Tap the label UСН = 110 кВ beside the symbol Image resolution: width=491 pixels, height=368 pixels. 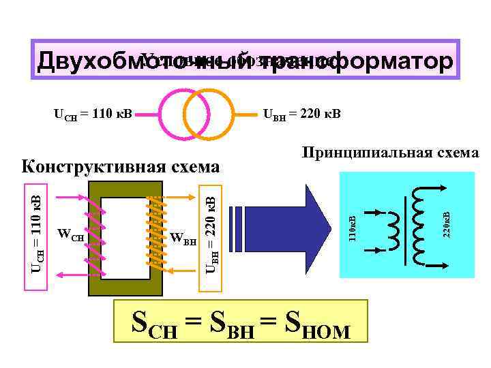coord(93,112)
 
